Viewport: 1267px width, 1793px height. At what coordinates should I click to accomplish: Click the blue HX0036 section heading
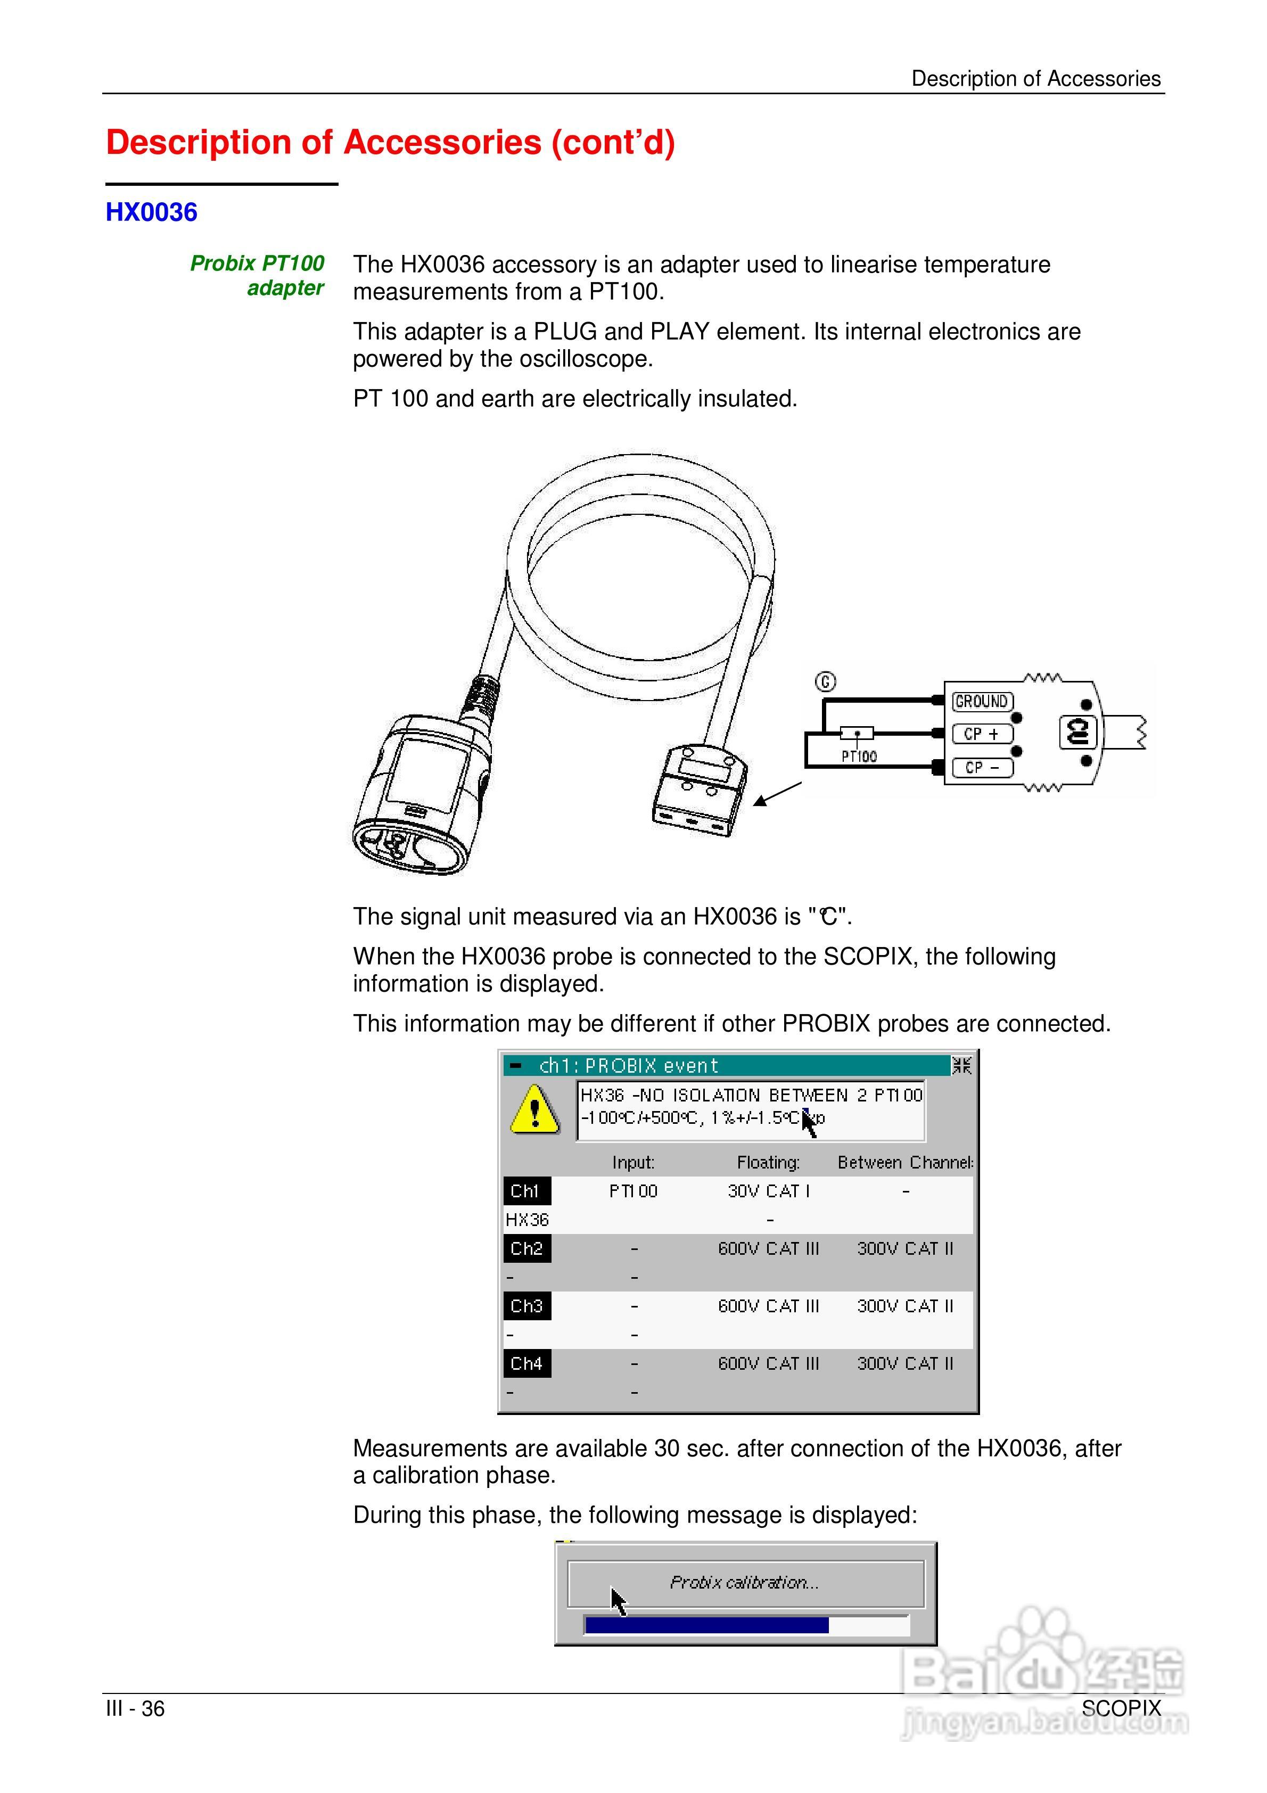(152, 212)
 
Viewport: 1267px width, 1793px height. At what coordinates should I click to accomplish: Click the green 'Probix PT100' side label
(257, 263)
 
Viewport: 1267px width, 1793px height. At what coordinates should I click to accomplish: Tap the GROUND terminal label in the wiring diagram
(982, 701)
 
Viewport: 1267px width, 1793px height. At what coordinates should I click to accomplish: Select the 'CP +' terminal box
(982, 734)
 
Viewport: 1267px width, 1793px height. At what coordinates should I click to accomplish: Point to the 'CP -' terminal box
(982, 768)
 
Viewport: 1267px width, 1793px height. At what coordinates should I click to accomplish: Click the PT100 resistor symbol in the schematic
(857, 733)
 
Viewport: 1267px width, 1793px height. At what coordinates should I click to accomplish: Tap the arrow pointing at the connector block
(778, 794)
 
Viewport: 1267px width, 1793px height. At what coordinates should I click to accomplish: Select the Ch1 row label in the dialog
(526, 1191)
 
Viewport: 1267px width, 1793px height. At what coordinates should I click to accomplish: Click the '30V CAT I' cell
(769, 1191)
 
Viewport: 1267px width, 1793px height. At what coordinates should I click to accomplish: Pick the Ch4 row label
(526, 1363)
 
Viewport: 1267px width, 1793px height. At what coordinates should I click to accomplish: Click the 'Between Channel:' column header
(906, 1163)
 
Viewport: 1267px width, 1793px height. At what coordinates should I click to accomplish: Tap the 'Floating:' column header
(769, 1163)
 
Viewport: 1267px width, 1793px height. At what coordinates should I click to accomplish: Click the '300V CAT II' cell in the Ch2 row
(906, 1249)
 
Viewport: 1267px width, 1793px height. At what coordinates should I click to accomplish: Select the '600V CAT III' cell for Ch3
(769, 1306)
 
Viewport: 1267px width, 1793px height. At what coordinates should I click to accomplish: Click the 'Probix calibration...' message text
(744, 1583)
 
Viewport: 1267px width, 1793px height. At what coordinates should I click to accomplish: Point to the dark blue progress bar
(706, 1625)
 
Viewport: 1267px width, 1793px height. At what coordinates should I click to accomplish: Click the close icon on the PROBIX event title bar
(961, 1065)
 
